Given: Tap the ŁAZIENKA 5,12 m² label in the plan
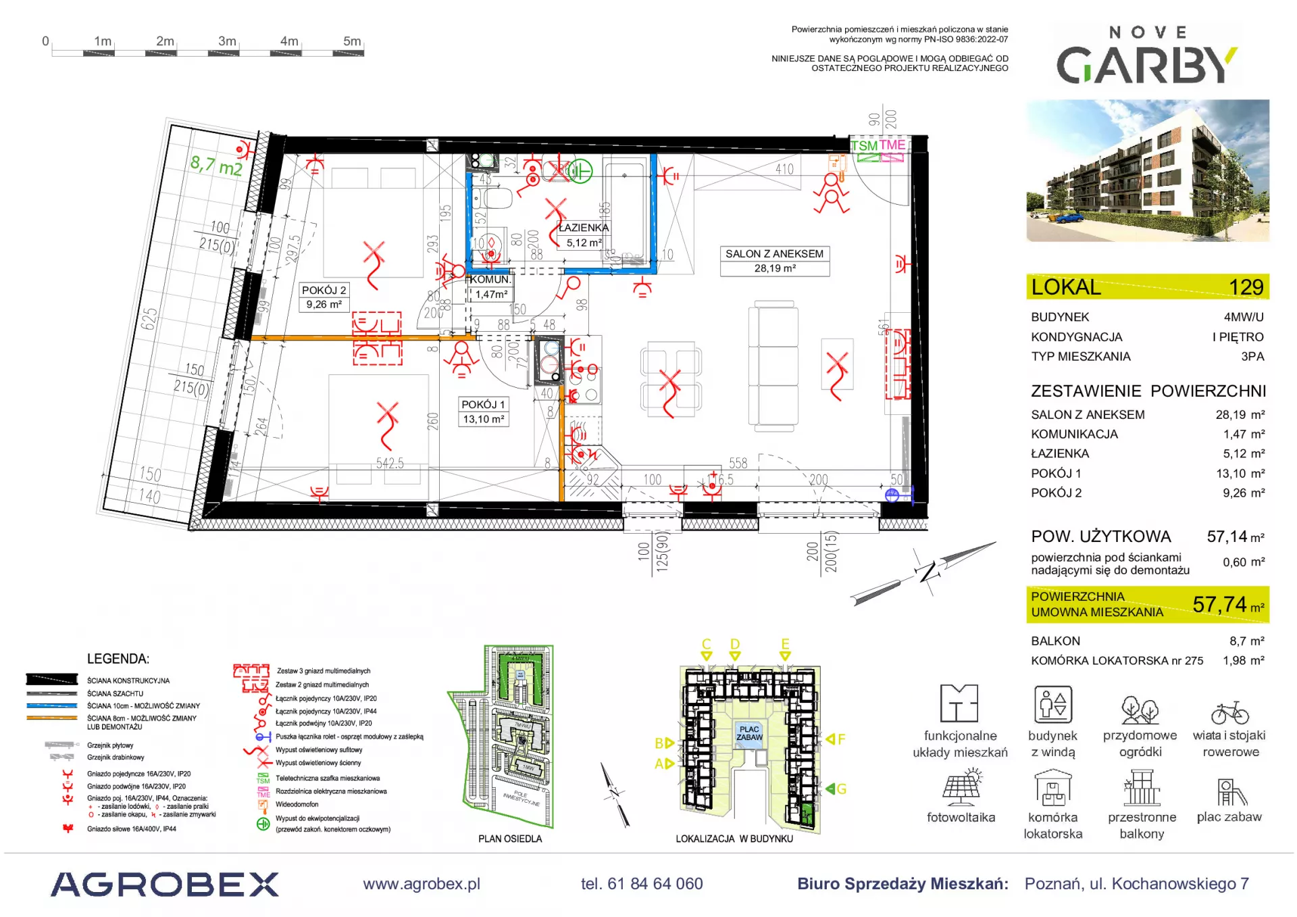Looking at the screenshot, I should click(584, 235).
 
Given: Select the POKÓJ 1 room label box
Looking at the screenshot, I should click(483, 412).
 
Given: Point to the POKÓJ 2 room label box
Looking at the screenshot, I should click(324, 297).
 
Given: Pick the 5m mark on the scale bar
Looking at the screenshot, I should click(352, 41).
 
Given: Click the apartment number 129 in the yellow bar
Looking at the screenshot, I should click(1246, 287).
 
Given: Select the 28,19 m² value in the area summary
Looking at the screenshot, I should click(1240, 415).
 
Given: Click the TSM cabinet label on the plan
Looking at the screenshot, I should click(864, 146).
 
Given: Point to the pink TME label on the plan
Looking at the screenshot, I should click(892, 145).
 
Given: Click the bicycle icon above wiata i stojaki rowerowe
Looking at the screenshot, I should click(1229, 713).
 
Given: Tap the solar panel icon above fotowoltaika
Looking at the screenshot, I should click(961, 787).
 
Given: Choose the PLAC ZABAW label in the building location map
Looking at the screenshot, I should click(750, 733).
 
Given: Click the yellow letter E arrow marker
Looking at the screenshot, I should click(785, 648).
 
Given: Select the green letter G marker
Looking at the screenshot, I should click(838, 789).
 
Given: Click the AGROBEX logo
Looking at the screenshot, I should click(165, 885).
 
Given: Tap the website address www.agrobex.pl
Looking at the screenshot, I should click(422, 884).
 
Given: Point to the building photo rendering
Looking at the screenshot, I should click(1147, 170).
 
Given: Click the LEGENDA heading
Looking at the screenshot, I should click(118, 659).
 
